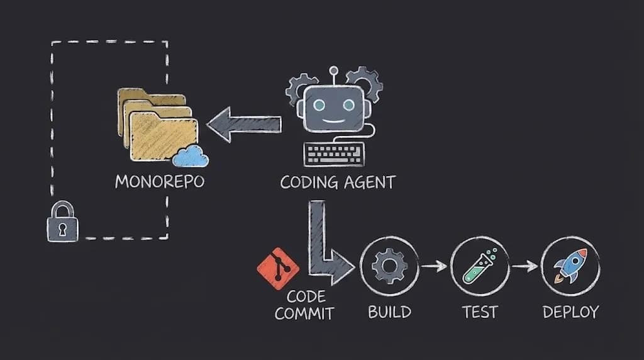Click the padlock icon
pos(62,222)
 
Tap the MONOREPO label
pos(160,182)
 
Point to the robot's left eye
pos(316,105)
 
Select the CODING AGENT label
pos(338,183)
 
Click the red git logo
pos(277,268)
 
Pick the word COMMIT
pos(304,313)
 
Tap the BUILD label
pos(389,311)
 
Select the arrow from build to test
pos(434,266)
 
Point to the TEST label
pos(480,311)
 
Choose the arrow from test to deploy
pos(525,266)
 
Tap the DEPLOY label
pos(570,311)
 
